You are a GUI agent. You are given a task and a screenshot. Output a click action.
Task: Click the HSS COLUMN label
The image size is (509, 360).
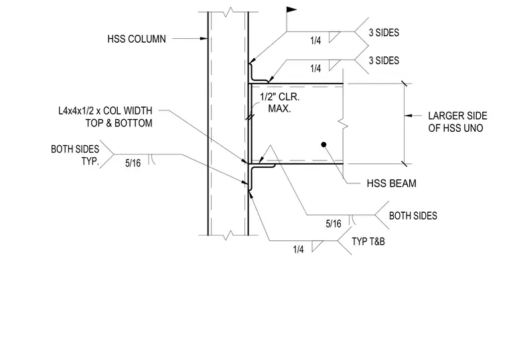[x=137, y=39]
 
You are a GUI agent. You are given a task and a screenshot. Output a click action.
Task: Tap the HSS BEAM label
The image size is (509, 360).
[x=392, y=183]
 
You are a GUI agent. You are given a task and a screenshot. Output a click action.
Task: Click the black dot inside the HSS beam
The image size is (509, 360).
[x=323, y=145]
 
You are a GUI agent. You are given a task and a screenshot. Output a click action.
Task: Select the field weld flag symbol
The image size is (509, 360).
[x=291, y=10]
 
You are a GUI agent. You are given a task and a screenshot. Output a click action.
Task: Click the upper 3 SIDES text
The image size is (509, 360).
[x=384, y=33]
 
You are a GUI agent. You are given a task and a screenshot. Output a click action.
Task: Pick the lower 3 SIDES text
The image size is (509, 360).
[x=384, y=61]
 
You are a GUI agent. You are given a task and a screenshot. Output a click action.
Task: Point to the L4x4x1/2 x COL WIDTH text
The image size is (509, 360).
[x=105, y=111]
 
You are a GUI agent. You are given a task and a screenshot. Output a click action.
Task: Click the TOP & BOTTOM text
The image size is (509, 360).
[x=119, y=123]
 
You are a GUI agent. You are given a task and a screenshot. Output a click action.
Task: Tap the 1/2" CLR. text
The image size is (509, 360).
[x=280, y=97]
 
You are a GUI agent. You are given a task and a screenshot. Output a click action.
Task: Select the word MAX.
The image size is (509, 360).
[x=279, y=108]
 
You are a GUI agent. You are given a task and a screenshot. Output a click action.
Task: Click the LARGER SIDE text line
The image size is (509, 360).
[x=457, y=116]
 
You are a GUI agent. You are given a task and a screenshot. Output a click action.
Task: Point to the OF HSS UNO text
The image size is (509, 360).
[x=455, y=128]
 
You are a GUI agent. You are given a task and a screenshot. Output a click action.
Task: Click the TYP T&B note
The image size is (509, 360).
[x=368, y=242]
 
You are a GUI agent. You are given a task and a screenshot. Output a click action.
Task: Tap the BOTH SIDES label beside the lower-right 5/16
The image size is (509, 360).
[x=413, y=216]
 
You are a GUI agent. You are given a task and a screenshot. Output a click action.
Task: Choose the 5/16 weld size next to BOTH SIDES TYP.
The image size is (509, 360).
[x=133, y=163]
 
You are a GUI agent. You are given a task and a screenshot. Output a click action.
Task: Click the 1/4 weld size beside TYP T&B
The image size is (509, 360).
[x=298, y=250]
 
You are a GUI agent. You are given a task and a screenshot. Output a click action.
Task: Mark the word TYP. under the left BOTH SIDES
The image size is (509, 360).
[x=90, y=161]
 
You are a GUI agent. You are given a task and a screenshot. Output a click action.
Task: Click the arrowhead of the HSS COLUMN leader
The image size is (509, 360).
[x=204, y=39]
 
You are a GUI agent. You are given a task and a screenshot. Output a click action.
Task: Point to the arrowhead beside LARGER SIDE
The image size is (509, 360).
[x=409, y=116]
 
